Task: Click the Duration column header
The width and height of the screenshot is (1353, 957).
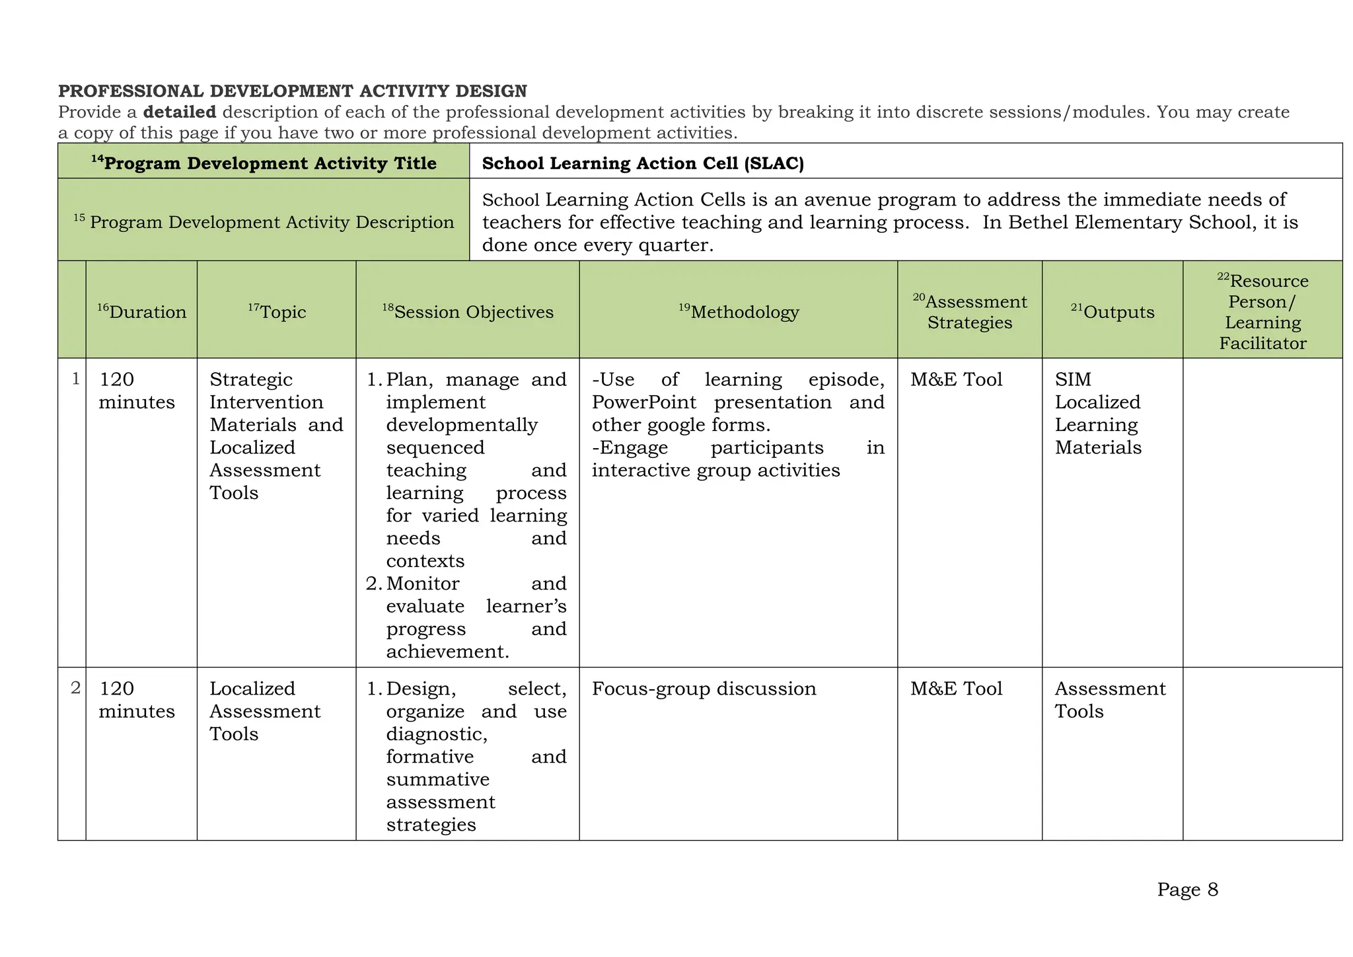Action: (142, 312)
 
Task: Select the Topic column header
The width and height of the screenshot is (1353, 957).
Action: (277, 312)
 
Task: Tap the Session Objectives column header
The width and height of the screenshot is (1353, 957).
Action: (468, 312)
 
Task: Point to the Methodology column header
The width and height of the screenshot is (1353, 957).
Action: (739, 312)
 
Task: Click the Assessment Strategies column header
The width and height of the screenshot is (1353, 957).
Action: (970, 312)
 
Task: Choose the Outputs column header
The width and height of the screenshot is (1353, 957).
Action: (1113, 312)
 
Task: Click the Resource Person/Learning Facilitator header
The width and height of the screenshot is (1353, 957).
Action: (1262, 312)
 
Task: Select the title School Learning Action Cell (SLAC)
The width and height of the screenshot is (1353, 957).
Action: (643, 163)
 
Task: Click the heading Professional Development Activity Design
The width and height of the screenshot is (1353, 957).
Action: (293, 91)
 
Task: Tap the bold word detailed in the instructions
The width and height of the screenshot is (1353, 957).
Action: (180, 112)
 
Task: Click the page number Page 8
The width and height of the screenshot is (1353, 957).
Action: (1187, 890)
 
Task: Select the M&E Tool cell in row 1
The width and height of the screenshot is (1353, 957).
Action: (956, 379)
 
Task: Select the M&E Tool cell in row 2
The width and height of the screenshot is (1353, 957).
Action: (956, 689)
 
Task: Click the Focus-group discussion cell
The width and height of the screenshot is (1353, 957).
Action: (704, 689)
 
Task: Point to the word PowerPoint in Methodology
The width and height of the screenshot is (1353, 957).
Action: (644, 402)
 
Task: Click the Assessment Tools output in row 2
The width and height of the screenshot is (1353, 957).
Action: (1110, 700)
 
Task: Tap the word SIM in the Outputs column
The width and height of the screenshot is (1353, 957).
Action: (1073, 379)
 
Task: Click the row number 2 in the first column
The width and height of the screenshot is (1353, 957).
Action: (76, 688)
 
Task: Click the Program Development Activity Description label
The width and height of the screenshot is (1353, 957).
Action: (264, 221)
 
